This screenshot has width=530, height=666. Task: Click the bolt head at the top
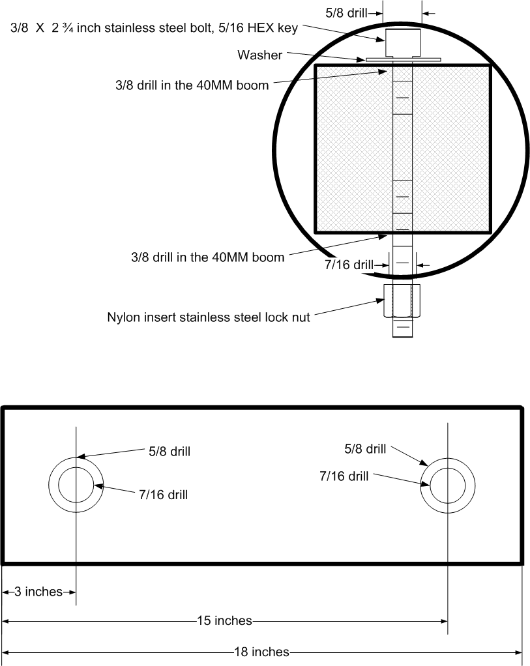(402, 42)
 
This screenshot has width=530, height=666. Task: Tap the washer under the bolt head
(403, 60)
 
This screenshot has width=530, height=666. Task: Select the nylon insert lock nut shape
(402, 300)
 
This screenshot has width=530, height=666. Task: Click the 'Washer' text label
(259, 55)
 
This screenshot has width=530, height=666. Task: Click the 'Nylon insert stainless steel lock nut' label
(208, 317)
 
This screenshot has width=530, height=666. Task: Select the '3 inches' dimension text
(38, 592)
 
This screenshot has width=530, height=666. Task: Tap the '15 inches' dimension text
(224, 620)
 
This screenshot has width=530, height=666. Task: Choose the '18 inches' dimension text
(262, 652)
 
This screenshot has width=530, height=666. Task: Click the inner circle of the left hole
(76, 467)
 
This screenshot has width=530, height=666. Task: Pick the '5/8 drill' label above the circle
(346, 13)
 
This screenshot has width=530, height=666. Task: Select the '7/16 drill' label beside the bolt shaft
(349, 265)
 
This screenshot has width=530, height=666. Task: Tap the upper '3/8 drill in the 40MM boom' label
(192, 85)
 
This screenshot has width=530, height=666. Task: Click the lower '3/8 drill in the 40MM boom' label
(208, 257)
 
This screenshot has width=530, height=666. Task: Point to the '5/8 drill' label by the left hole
(169, 451)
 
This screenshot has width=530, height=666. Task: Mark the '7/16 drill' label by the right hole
(344, 476)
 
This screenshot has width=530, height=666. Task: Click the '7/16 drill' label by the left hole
(163, 495)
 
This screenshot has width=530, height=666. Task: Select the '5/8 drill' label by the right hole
(365, 449)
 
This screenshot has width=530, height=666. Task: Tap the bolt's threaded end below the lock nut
(402, 328)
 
